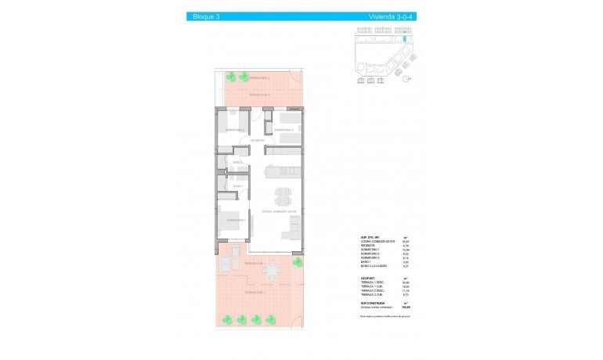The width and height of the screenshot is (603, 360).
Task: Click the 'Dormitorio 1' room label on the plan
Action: [237, 221]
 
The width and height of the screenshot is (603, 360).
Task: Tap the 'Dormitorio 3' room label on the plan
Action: [283, 130]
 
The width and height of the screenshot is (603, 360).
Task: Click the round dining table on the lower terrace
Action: [273, 271]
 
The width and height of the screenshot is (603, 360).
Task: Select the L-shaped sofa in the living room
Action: [295, 228]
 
